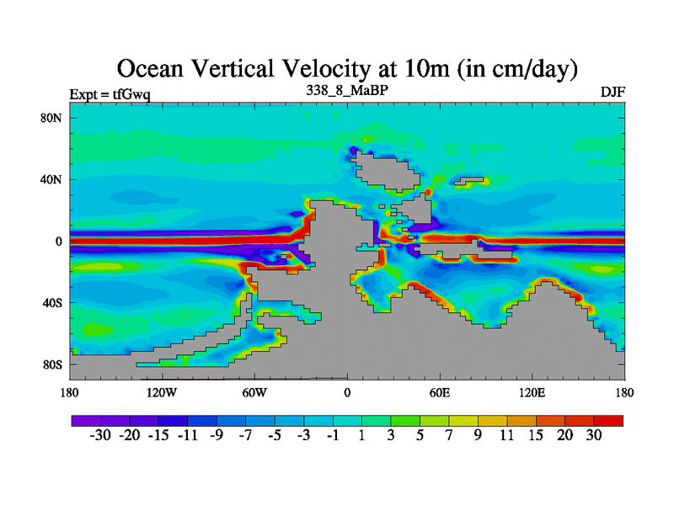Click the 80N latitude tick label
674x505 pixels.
pyautogui.click(x=53, y=118)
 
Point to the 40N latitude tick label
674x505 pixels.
pyautogui.click(x=53, y=179)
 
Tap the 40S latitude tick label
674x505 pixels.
pyautogui.click(x=53, y=303)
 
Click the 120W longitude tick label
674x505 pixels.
pyautogui.click(x=161, y=393)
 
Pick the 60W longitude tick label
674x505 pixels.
pyautogui.click(x=254, y=393)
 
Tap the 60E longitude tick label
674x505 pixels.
pyautogui.click(x=440, y=393)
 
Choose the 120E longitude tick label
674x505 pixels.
pyautogui.click(x=532, y=393)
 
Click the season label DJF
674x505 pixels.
pyautogui.click(x=612, y=92)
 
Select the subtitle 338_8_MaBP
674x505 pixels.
pyautogui.click(x=347, y=88)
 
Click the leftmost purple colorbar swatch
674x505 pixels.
pyautogui.click(x=85, y=419)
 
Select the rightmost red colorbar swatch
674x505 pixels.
pyautogui.click(x=609, y=419)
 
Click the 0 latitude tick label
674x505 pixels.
pyautogui.click(x=59, y=242)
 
